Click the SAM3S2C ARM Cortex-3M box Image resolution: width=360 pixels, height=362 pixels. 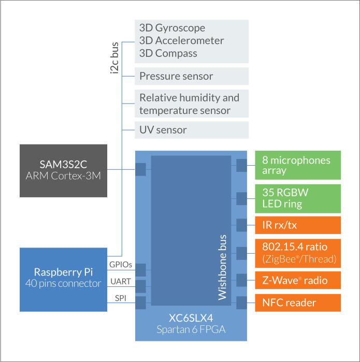coord(63,170)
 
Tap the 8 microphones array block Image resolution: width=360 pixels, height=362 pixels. coord(298,165)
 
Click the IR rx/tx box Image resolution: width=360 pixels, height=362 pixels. coord(298,225)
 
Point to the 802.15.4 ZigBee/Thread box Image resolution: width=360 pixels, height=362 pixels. coord(298,253)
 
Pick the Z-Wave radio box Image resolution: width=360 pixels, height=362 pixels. coord(298,281)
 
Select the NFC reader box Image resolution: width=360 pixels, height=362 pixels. coord(298,303)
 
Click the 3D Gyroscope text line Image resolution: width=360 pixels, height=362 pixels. coord(172,28)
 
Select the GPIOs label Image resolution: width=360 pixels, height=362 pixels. coord(120,265)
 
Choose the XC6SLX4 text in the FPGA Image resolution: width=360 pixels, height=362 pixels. coord(191,318)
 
